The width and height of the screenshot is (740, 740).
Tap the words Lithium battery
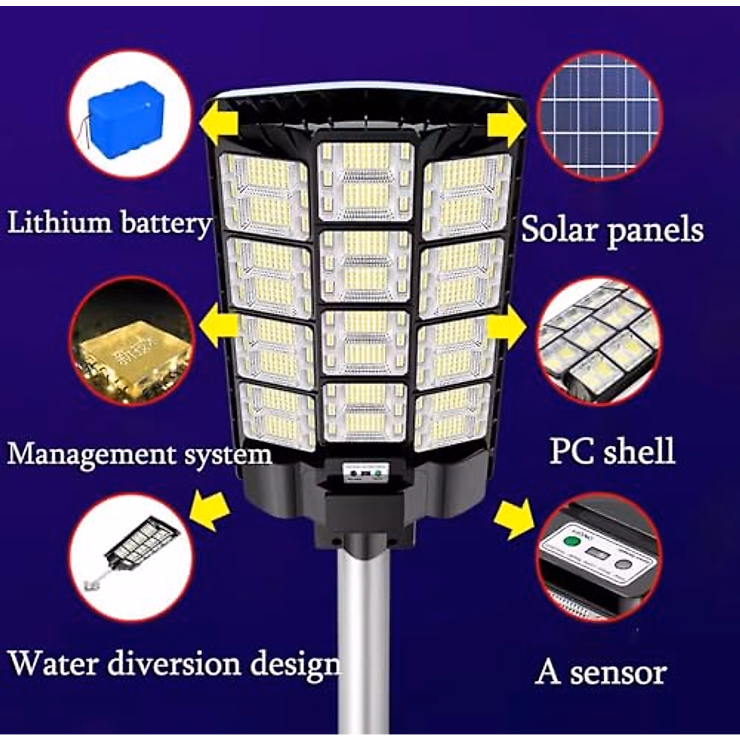(x=109, y=223)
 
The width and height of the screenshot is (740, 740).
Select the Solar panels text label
(x=612, y=230)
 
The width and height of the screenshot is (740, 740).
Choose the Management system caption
(x=139, y=454)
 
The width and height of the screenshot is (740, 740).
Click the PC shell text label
(x=612, y=451)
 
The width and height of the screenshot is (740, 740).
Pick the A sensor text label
(x=601, y=672)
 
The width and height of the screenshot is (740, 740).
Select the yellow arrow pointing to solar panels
(x=506, y=124)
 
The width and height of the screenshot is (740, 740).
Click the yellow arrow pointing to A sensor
(x=516, y=519)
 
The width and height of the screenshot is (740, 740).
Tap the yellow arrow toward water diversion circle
(x=210, y=509)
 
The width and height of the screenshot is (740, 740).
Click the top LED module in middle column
(x=366, y=181)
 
